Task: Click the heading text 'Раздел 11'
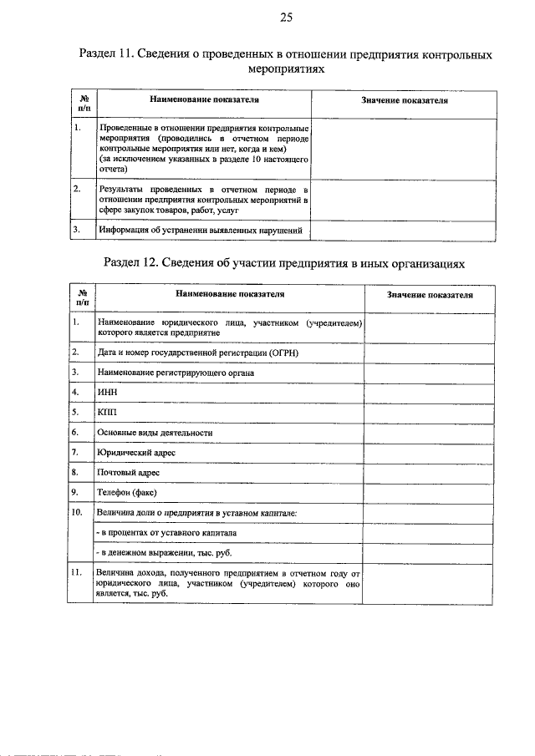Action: point(106,55)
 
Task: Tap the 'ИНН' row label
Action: point(107,392)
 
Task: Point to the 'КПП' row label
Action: point(107,412)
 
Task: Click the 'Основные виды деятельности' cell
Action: point(154,433)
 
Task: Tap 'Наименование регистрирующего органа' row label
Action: point(175,372)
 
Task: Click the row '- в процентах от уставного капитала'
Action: point(166,533)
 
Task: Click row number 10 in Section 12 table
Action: point(76,512)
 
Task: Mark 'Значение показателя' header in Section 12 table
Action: point(430,295)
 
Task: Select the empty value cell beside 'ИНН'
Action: point(430,392)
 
